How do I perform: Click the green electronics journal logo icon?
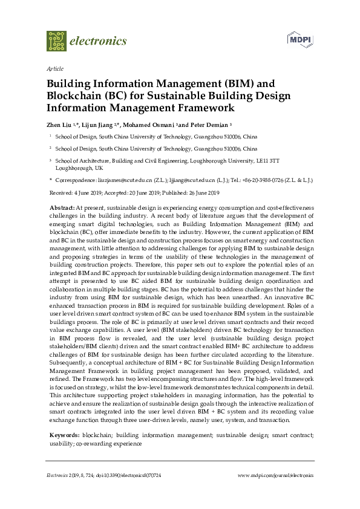click(x=56, y=41)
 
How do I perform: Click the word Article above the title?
click(x=54, y=69)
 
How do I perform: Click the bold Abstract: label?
click(x=62, y=207)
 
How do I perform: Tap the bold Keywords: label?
click(x=64, y=435)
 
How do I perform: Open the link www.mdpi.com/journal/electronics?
click(x=275, y=476)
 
